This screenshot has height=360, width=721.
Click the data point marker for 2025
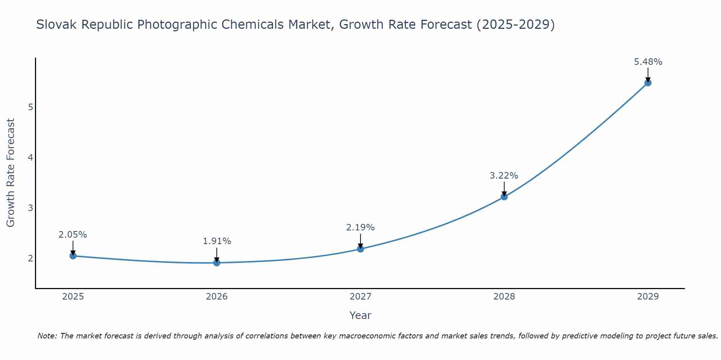pyautogui.click(x=73, y=256)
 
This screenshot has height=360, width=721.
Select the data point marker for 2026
pyautogui.click(x=217, y=263)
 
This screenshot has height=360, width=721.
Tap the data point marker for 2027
pyautogui.click(x=360, y=249)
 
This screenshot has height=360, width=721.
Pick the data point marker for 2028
pyautogui.click(x=504, y=197)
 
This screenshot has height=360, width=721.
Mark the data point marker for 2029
pyautogui.click(x=648, y=83)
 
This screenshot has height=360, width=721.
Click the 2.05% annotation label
pyautogui.click(x=73, y=235)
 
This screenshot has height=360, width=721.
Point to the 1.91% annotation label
pyautogui.click(x=217, y=241)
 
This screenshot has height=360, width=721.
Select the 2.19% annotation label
pyautogui.click(x=360, y=228)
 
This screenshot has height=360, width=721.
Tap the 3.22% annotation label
pyautogui.click(x=504, y=176)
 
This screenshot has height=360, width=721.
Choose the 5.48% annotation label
pyautogui.click(x=648, y=62)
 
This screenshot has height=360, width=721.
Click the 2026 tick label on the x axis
pyautogui.click(x=217, y=297)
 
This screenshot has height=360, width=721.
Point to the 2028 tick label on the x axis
pyautogui.click(x=504, y=297)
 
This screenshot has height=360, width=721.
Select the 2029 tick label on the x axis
pyautogui.click(x=648, y=297)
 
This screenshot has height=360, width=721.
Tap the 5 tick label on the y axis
pyautogui.click(x=30, y=107)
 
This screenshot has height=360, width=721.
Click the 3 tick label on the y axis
pyautogui.click(x=30, y=208)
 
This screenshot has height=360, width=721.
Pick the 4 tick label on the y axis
pyautogui.click(x=30, y=157)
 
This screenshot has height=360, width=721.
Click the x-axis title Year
pyautogui.click(x=360, y=315)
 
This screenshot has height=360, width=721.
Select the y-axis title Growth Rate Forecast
pyautogui.click(x=11, y=173)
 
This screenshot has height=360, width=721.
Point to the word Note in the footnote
pyautogui.click(x=47, y=336)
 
